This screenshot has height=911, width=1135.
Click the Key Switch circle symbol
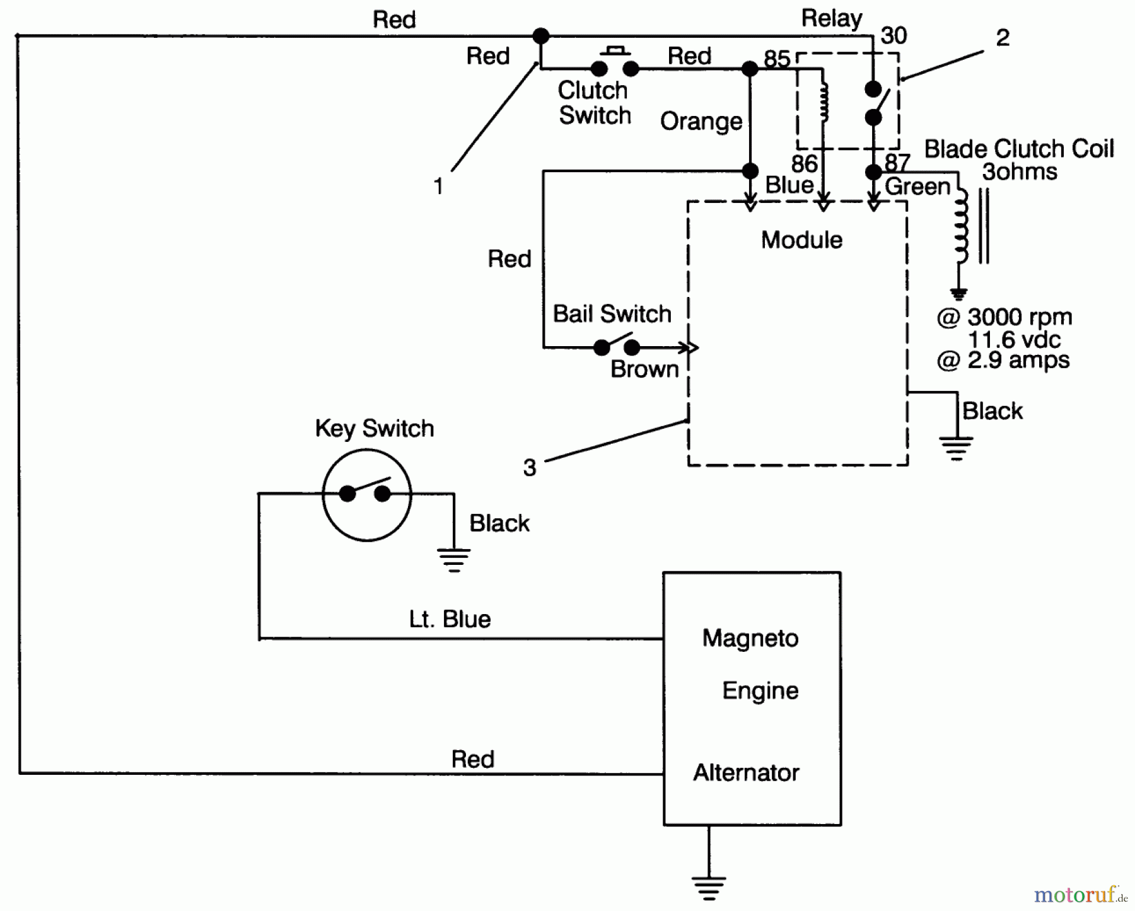[366, 494]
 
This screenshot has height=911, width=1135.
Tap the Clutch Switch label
[593, 103]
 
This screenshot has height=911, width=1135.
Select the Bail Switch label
[612, 313]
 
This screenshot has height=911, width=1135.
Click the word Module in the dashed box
[801, 240]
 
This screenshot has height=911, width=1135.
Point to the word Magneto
[750, 639]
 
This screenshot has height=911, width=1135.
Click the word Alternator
[746, 773]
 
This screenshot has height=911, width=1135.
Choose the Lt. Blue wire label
[450, 619]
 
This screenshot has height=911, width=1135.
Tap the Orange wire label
[701, 122]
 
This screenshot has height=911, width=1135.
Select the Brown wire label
[644, 369]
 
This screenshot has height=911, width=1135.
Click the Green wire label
[917, 187]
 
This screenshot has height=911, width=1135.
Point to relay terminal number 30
[893, 36]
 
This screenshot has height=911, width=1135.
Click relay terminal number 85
[777, 59]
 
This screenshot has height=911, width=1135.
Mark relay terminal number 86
[804, 164]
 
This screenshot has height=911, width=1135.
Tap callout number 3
[530, 468]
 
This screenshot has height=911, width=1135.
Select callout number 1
[439, 187]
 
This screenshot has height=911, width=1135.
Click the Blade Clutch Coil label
[1019, 149]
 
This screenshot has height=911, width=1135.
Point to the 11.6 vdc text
[1014, 340]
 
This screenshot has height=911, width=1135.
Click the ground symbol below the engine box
[709, 888]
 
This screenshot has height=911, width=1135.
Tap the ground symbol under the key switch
[453, 560]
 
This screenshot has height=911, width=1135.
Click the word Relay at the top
[831, 19]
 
